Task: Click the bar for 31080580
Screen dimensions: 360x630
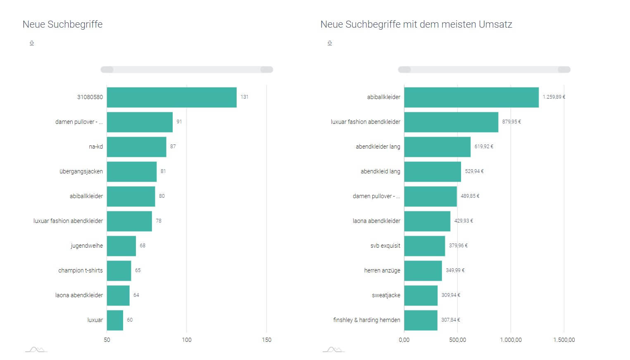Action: (x=171, y=97)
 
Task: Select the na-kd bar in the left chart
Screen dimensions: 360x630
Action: (x=136, y=147)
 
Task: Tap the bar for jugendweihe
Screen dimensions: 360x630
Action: (x=121, y=246)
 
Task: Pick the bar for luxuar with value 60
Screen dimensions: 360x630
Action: (x=115, y=320)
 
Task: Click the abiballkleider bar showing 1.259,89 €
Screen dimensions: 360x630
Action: (x=471, y=97)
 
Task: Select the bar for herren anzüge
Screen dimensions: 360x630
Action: (x=423, y=271)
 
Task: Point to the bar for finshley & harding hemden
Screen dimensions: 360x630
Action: (x=421, y=320)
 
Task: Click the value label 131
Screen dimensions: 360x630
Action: (x=245, y=97)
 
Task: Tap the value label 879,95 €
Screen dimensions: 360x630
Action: (x=511, y=122)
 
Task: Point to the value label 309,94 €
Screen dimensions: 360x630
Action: (x=451, y=295)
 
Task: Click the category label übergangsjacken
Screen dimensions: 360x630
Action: (x=81, y=171)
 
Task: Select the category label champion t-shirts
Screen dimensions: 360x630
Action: (x=80, y=270)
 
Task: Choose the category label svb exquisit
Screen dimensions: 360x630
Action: (x=385, y=246)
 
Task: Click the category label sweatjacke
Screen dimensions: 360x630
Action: (x=386, y=295)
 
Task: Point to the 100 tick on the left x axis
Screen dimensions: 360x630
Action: (x=187, y=340)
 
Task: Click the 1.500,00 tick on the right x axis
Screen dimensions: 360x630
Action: (x=564, y=340)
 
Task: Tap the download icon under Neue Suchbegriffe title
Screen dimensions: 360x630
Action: (x=32, y=43)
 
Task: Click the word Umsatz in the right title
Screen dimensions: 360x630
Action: (x=495, y=24)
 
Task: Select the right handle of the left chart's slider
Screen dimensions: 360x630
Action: (x=267, y=70)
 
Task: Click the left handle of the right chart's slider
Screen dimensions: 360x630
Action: (x=404, y=70)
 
